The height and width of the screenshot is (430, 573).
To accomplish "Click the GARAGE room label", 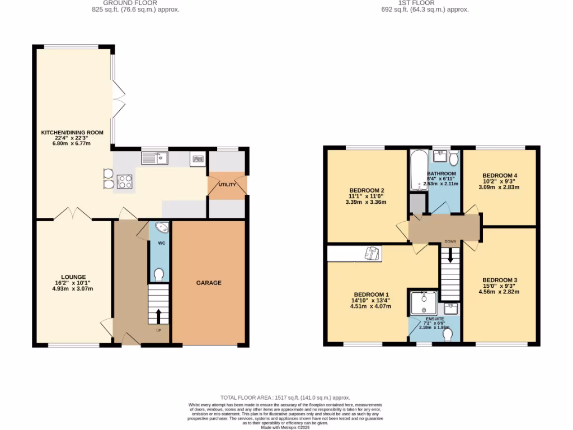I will tap(208, 283).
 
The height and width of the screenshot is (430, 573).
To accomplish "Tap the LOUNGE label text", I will tap(73, 277).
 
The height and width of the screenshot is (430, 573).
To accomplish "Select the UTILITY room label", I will tap(227, 185).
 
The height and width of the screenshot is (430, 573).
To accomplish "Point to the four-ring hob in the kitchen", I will tap(125, 181).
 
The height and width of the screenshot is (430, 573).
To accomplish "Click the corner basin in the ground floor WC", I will tap(161, 228).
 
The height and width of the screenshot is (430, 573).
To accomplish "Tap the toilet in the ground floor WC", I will tap(159, 274).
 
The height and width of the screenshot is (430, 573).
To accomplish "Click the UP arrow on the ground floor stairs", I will tap(158, 316).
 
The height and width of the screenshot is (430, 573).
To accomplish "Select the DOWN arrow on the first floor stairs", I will tap(450, 259).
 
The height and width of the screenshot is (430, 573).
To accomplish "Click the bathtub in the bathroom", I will tap(417, 170).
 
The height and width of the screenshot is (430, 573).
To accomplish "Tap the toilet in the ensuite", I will tap(447, 334).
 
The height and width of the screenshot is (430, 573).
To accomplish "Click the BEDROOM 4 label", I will tap(500, 175).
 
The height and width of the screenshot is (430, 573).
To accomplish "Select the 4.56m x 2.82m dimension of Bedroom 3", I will tap(500, 291).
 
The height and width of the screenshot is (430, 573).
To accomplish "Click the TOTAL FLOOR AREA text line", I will tap(285, 396).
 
